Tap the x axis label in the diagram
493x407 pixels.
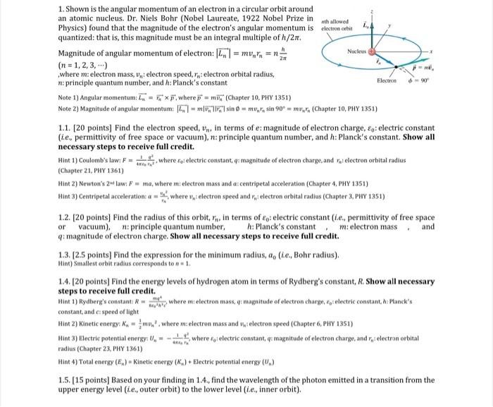point(481,53)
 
